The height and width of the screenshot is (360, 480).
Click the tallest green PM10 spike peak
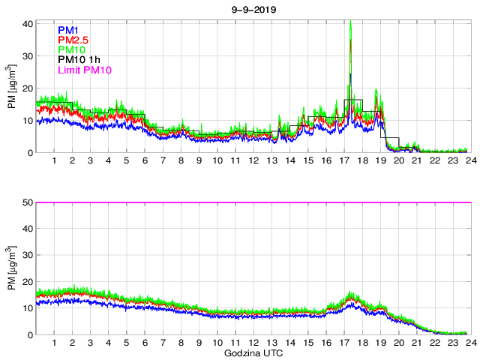350,22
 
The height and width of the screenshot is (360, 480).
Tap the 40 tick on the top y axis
27,24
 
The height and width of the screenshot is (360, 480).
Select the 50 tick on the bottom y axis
27,202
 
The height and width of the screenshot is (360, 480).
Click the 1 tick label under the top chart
54,161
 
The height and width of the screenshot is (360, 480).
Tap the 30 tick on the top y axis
27,56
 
